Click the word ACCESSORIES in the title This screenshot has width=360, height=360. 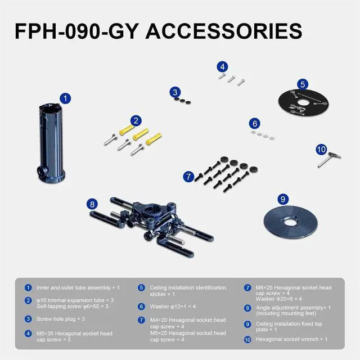click(224, 31)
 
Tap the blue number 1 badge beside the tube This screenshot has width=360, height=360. click(65, 98)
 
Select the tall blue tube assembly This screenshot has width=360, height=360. click(51, 143)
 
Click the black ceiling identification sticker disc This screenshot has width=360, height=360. click(304, 102)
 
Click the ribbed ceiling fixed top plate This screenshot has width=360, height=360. click(291, 222)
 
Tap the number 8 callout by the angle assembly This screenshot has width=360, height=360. click(92, 204)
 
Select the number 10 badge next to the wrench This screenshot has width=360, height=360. click(321, 150)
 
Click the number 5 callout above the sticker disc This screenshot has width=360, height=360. click(303, 84)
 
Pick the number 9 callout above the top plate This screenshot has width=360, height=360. click(283, 199)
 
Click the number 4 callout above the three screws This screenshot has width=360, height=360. click(222, 67)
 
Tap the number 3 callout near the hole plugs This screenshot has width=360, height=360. click(175, 92)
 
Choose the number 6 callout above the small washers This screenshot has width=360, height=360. click(255, 124)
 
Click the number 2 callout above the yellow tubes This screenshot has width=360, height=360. click(136, 120)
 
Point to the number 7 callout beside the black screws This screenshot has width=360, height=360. click(188, 177)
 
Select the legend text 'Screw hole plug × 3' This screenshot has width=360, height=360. click(61, 319)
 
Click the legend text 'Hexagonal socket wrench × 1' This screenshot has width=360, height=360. click(291, 339)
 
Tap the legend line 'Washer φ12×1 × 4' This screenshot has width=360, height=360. click(173, 307)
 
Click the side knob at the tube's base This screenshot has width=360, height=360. click(42, 171)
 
